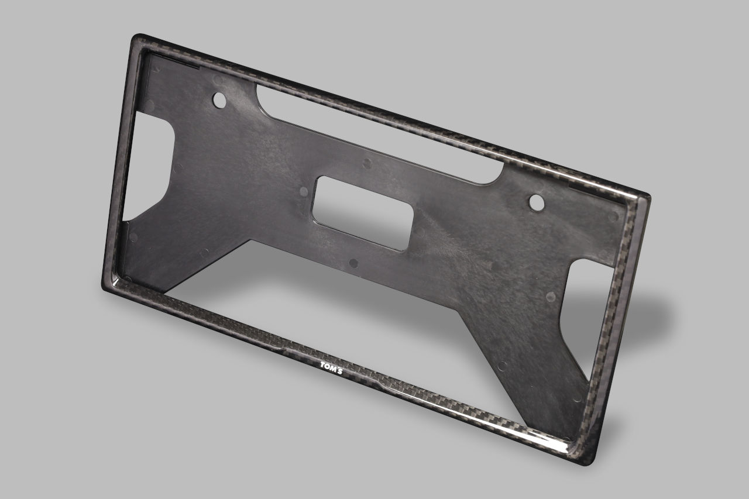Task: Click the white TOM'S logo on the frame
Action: point(331,368)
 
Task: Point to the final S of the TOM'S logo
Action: point(339,371)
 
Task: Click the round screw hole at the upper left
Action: point(219,100)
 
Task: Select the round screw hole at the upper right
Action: point(537,203)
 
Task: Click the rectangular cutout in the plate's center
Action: point(363,214)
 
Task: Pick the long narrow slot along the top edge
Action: point(380,135)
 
